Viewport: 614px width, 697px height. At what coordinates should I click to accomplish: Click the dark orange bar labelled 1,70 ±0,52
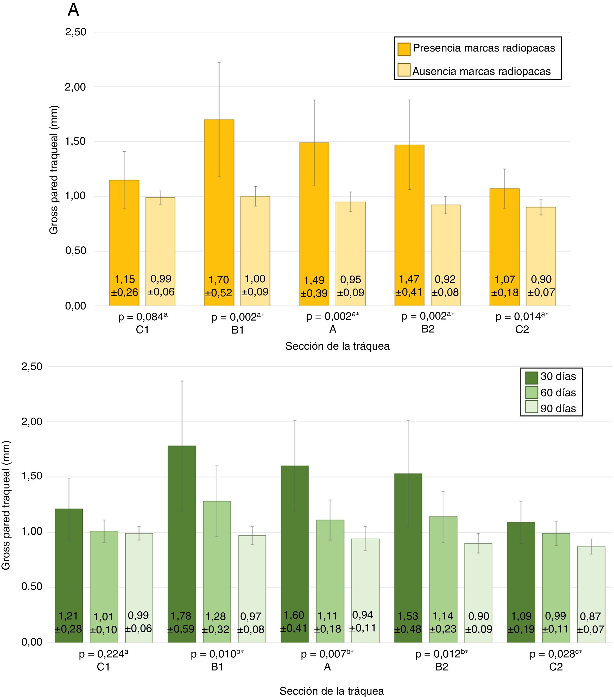point(219,204)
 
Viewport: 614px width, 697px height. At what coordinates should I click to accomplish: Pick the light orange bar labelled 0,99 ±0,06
point(160,246)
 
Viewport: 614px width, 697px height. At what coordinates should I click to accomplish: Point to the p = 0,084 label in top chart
point(143,317)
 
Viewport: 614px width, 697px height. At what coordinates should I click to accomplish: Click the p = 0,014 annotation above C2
point(522,317)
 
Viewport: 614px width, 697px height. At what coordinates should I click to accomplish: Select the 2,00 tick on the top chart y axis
point(75,87)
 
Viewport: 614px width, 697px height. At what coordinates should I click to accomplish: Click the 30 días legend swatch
point(531,377)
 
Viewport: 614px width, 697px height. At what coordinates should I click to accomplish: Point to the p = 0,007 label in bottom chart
point(327,654)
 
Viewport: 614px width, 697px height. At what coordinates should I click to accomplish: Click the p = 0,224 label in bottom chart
point(103,654)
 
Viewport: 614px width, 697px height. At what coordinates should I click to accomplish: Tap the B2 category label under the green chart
point(441,667)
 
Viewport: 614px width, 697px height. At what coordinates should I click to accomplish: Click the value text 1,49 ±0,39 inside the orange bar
point(314,287)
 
